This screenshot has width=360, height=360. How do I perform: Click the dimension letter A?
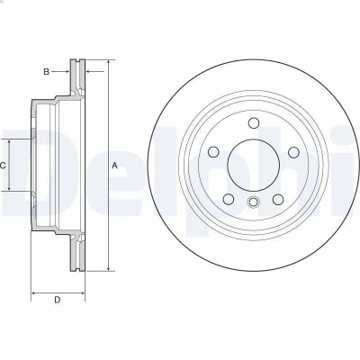coord(114,166)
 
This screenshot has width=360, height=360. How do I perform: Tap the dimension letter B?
coord(46,72)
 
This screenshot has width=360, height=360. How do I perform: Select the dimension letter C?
coord(3,166)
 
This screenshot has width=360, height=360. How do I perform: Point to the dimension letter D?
coord(58,300)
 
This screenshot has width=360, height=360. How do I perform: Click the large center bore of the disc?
coord(254,165)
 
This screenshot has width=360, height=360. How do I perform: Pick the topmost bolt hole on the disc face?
coord(254,123)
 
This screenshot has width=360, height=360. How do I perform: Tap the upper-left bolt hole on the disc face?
coord(213,152)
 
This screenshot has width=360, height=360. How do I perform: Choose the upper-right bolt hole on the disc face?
coord(293,152)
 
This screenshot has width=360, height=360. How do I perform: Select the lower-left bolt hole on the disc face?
coord(229,200)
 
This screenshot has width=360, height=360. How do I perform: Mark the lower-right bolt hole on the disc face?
coord(278,200)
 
